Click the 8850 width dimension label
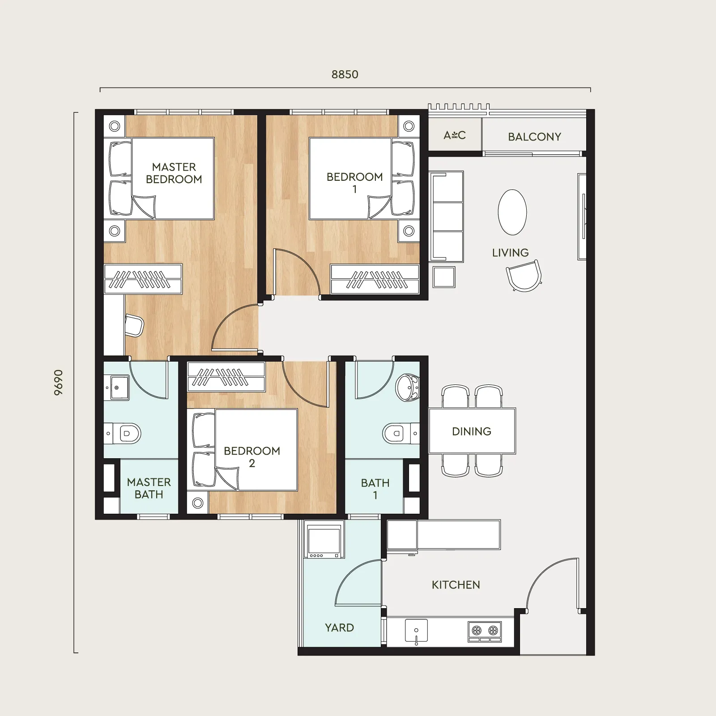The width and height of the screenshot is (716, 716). [x=345, y=74]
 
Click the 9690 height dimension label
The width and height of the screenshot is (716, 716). [x=58, y=383]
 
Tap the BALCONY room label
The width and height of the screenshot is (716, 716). [x=534, y=137]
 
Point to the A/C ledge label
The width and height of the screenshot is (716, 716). [x=455, y=135]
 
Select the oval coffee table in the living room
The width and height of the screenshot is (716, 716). [x=512, y=212]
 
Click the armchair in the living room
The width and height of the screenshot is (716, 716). [x=524, y=276]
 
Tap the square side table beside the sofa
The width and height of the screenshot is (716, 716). [x=444, y=277]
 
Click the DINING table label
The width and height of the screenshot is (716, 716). [x=472, y=431]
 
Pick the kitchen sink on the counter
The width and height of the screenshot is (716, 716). [x=416, y=631]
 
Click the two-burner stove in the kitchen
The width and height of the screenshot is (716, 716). [x=485, y=631]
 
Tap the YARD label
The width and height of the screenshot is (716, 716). [x=339, y=628]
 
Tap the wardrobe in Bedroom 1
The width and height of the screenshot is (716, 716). [x=375, y=279]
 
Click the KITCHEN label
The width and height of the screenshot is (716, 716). [x=456, y=585]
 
